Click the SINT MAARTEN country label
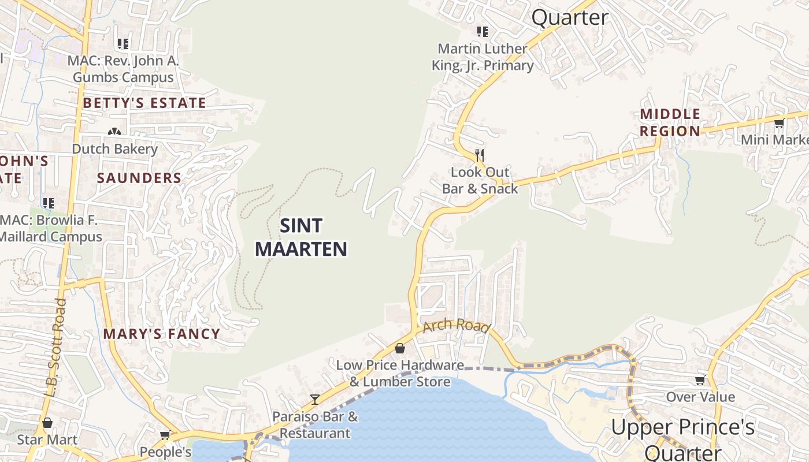click(301, 237)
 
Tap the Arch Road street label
click(457, 326)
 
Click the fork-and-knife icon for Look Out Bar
click(479, 155)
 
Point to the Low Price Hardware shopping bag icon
click(399, 348)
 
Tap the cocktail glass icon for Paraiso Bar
click(314, 399)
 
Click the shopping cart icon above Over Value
click(700, 380)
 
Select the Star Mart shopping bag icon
click(47, 423)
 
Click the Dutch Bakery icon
click(114, 132)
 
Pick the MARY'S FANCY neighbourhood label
click(162, 334)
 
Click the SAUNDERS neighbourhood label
click(139, 178)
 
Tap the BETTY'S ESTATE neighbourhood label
click(144, 103)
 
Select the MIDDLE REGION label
click(670, 122)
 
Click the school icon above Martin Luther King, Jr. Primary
click(482, 31)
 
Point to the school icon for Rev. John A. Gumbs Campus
click(123, 43)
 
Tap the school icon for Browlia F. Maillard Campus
click(48, 203)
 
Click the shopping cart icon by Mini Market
click(779, 122)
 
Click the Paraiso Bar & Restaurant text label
click(315, 424)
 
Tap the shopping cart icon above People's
click(165, 435)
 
